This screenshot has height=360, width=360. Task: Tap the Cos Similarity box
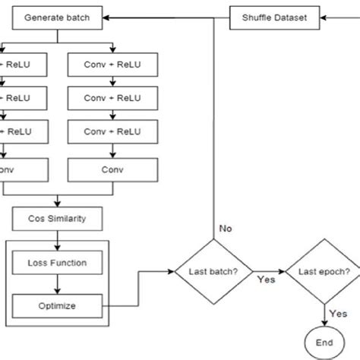coord(58,220)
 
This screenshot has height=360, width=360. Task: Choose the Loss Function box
coord(58,263)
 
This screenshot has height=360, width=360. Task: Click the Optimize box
coord(58,306)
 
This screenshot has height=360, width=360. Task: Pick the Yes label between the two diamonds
coord(265,279)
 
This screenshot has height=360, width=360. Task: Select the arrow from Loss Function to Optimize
coord(58,284)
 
